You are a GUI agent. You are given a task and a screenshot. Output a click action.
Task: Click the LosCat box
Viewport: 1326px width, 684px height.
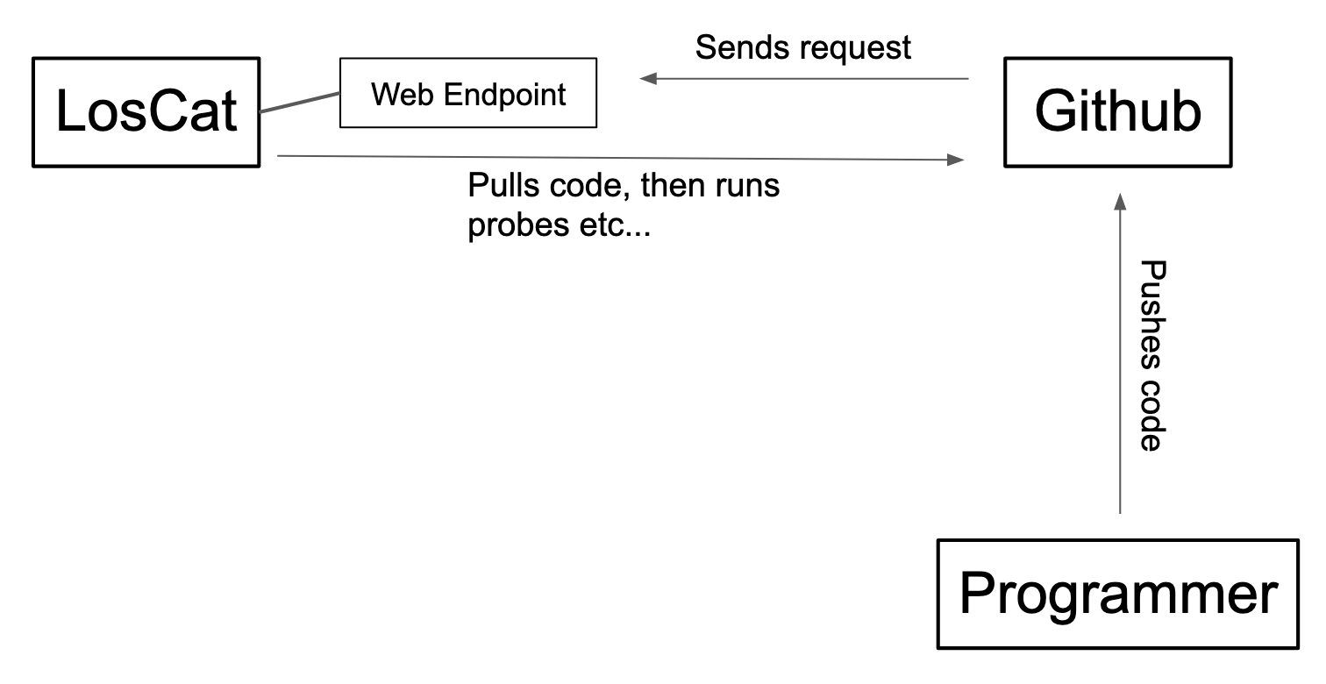pyautogui.click(x=146, y=111)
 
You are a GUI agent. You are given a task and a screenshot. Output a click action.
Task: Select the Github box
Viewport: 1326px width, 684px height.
pyautogui.click(x=1117, y=111)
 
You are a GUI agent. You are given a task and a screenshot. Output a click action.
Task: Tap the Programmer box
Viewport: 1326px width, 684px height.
pyautogui.click(x=1117, y=594)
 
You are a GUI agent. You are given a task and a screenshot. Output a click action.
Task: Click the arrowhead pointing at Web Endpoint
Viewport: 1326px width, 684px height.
pyautogui.click(x=648, y=79)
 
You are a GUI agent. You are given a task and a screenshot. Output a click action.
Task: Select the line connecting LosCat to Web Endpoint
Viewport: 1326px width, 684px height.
pyautogui.click(x=300, y=103)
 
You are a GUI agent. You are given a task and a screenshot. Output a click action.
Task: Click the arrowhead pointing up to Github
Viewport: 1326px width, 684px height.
pyautogui.click(x=1118, y=202)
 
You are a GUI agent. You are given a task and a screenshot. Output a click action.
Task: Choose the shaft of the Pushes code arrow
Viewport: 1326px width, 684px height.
pyautogui.click(x=1118, y=368)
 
